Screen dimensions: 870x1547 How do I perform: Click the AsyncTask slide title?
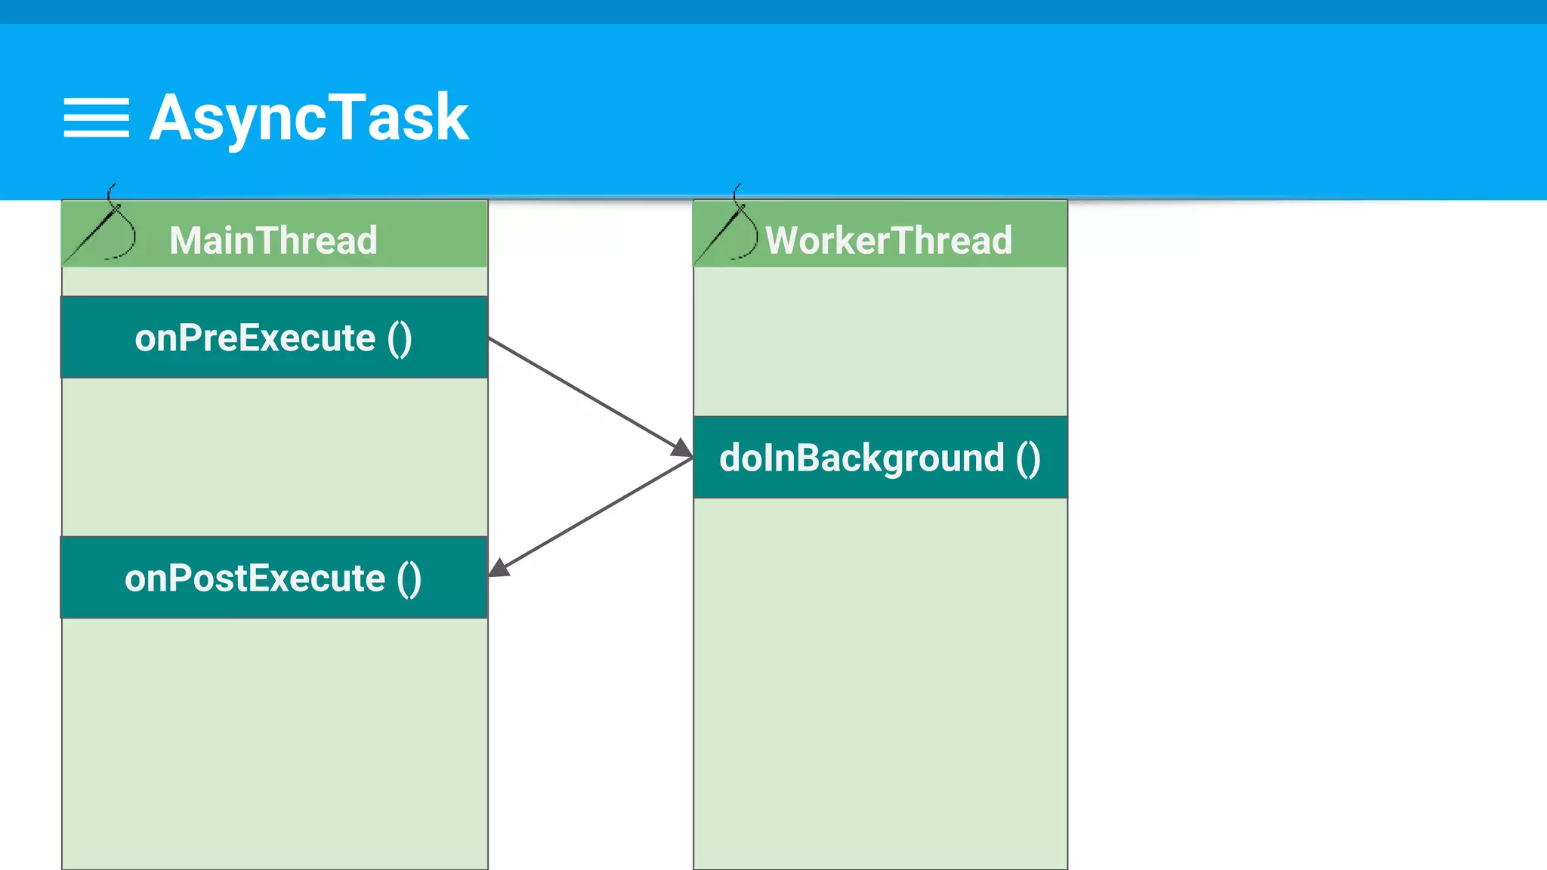click(309, 118)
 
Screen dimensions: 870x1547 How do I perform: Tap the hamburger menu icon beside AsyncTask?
click(96, 118)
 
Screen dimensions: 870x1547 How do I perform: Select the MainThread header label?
click(273, 240)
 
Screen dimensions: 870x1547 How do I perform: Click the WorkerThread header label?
click(888, 240)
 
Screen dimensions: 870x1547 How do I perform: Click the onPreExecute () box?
click(274, 337)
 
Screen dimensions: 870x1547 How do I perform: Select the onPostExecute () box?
click(274, 578)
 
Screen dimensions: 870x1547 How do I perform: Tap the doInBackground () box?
click(880, 458)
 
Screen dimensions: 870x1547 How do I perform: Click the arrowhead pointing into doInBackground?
click(682, 448)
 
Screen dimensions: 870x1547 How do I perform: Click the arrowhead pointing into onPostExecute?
click(499, 568)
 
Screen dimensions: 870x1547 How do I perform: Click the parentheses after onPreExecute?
click(400, 338)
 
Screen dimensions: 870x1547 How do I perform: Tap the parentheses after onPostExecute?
click(409, 579)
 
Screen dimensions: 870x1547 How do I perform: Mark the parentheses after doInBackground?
click(1028, 459)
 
